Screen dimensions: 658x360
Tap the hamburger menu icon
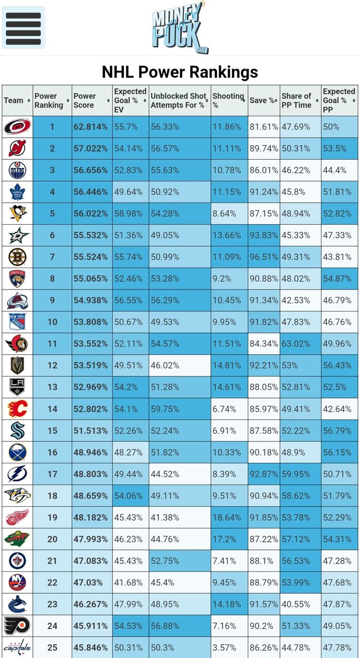[23, 27]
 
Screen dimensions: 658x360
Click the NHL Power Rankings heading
[180, 72]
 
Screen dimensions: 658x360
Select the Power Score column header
[85, 100]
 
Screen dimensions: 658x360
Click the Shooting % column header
[227, 100]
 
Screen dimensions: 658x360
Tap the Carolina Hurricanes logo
[17, 127]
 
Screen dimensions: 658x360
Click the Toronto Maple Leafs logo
[17, 192]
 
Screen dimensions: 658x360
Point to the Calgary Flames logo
[17, 409]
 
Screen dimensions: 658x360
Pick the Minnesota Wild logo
[17, 539]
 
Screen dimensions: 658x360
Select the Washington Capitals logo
[17, 648]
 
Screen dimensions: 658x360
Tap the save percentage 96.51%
[263, 257]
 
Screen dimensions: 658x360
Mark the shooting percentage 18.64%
[227, 517]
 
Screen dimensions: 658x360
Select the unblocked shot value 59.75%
[165, 409]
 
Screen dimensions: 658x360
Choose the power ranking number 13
[52, 387]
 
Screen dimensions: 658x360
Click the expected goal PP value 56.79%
[337, 430]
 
